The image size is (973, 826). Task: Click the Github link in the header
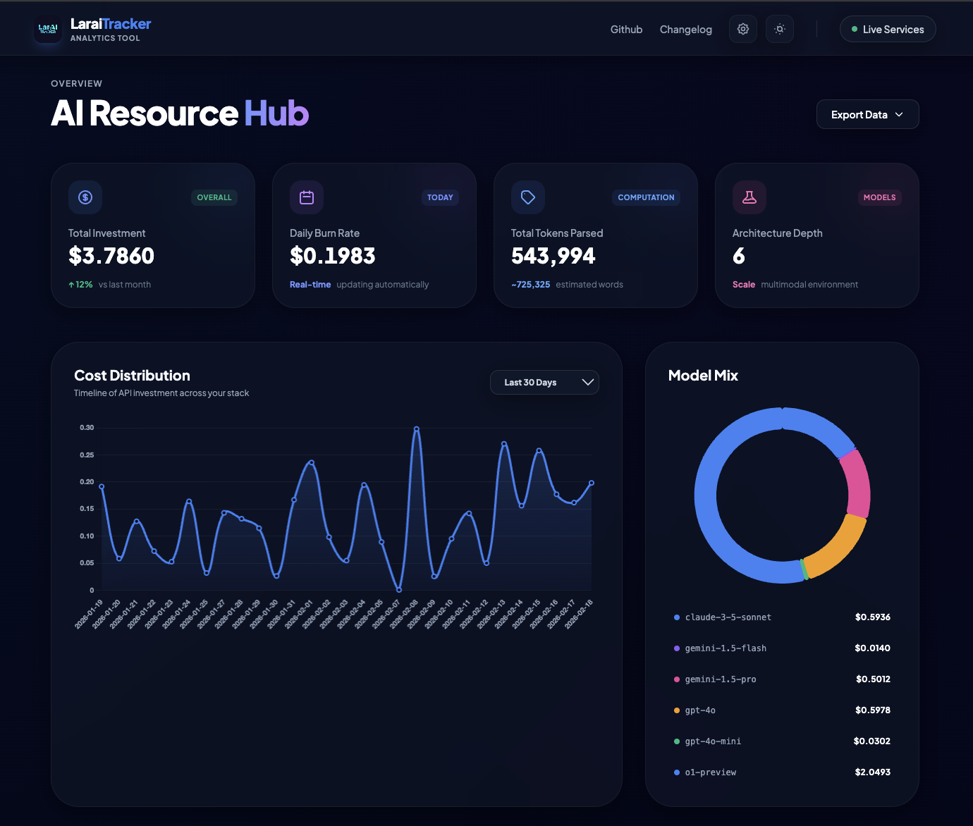[626, 30]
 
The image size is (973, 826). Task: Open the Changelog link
[685, 30]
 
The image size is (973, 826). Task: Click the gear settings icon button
[742, 29]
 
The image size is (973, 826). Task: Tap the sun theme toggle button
[779, 29]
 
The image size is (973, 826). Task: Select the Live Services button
[887, 30]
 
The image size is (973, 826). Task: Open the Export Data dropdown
[867, 114]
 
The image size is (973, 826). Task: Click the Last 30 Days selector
[544, 382]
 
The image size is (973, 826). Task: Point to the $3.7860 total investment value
[111, 256]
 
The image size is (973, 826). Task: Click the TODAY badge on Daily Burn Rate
[440, 197]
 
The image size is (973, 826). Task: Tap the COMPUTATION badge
[646, 197]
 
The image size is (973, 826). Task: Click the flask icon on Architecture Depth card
[749, 197]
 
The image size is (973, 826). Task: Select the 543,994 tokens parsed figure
[553, 256]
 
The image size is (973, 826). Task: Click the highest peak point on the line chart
[417, 429]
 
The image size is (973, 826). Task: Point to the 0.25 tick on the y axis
[87, 455]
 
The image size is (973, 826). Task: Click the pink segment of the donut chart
[856, 483]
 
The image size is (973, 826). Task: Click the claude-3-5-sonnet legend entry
[728, 617]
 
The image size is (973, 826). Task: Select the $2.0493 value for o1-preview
[872, 772]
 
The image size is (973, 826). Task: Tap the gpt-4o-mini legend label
[713, 741]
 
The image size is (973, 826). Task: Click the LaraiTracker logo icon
[48, 30]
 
